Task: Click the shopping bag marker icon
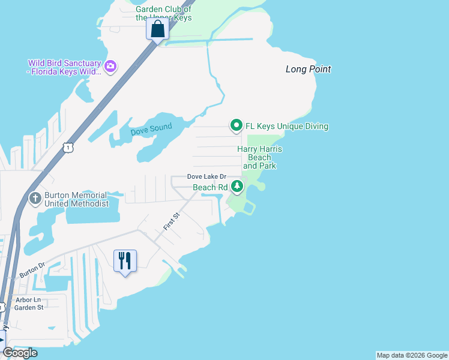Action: (157, 28)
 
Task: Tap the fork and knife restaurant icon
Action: (125, 260)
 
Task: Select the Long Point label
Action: (308, 69)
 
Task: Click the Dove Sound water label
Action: (151, 128)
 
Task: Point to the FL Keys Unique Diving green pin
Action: (237, 125)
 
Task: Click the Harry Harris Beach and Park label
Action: (259, 157)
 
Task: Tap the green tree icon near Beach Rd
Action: (237, 187)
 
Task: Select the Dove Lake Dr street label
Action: (206, 176)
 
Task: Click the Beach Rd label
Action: (210, 187)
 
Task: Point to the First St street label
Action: (172, 221)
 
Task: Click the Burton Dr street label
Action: (32, 269)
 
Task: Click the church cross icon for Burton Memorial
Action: (35, 198)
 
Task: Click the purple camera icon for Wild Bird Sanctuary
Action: (110, 66)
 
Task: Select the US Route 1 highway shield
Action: (69, 146)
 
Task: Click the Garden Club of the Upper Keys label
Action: (163, 13)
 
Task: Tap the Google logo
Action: (20, 353)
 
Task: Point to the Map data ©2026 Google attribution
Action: (412, 355)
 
